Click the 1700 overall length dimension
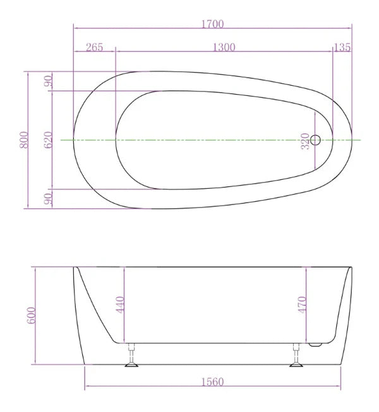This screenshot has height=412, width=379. click(x=213, y=24)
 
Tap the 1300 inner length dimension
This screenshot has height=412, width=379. click(x=224, y=47)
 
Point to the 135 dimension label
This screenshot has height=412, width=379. click(x=342, y=47)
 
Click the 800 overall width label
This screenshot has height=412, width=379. click(x=23, y=139)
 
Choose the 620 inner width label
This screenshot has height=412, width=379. click(x=48, y=139)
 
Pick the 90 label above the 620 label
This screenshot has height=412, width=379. click(x=48, y=81)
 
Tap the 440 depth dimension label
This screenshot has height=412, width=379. click(x=121, y=305)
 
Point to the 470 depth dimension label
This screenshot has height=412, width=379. click(x=302, y=305)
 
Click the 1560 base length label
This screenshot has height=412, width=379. click(x=214, y=382)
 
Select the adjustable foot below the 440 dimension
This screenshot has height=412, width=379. click(x=131, y=356)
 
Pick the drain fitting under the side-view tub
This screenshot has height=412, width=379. click(x=317, y=343)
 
